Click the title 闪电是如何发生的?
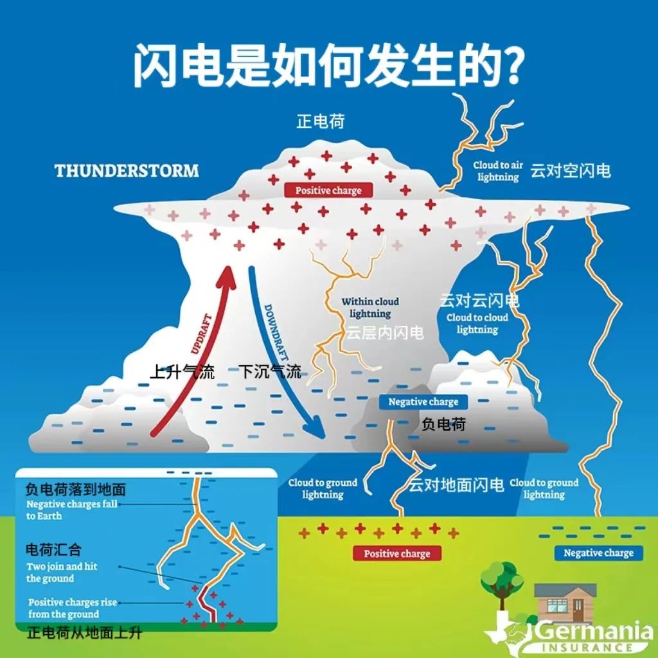(328, 66)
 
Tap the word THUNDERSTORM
(127, 171)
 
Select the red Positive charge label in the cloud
(328, 190)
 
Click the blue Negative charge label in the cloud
(423, 402)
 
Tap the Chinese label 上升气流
(182, 371)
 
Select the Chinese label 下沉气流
(270, 371)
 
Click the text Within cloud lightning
(370, 308)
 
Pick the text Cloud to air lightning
(498, 171)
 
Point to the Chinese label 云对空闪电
(571, 171)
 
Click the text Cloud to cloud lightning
(477, 323)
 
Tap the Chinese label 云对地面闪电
(456, 485)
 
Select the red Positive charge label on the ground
(396, 554)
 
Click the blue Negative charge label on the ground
(598, 553)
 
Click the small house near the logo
(565, 602)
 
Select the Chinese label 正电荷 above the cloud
(321, 121)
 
